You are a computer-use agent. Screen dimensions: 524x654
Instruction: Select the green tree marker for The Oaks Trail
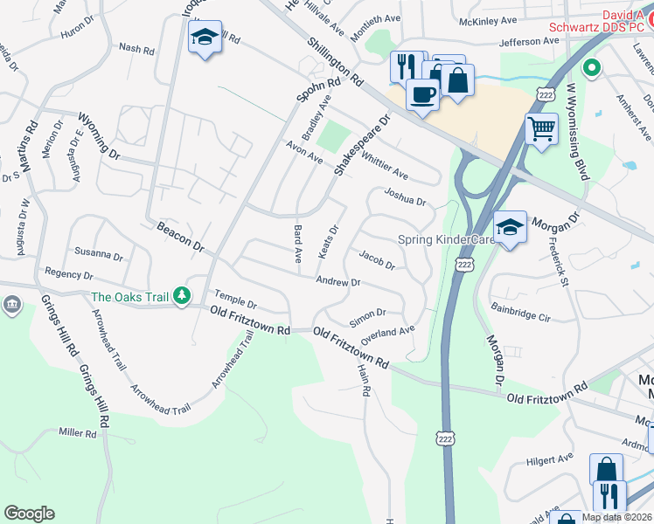pos(181,296)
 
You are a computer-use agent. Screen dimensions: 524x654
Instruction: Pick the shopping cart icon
pos(541,129)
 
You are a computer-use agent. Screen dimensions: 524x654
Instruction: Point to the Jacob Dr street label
pos(378,259)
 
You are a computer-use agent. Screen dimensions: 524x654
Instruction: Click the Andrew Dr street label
pos(338,282)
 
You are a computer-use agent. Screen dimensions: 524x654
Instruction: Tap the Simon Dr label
pos(367,314)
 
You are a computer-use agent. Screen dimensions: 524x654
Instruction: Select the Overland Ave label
pos(388,331)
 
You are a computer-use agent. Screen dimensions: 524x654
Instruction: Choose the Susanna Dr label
pos(98,254)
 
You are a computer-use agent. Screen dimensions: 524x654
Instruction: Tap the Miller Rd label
pos(77,433)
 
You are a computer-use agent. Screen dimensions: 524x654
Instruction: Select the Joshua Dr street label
pos(405,200)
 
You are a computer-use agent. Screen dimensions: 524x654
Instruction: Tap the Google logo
pos(29,514)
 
